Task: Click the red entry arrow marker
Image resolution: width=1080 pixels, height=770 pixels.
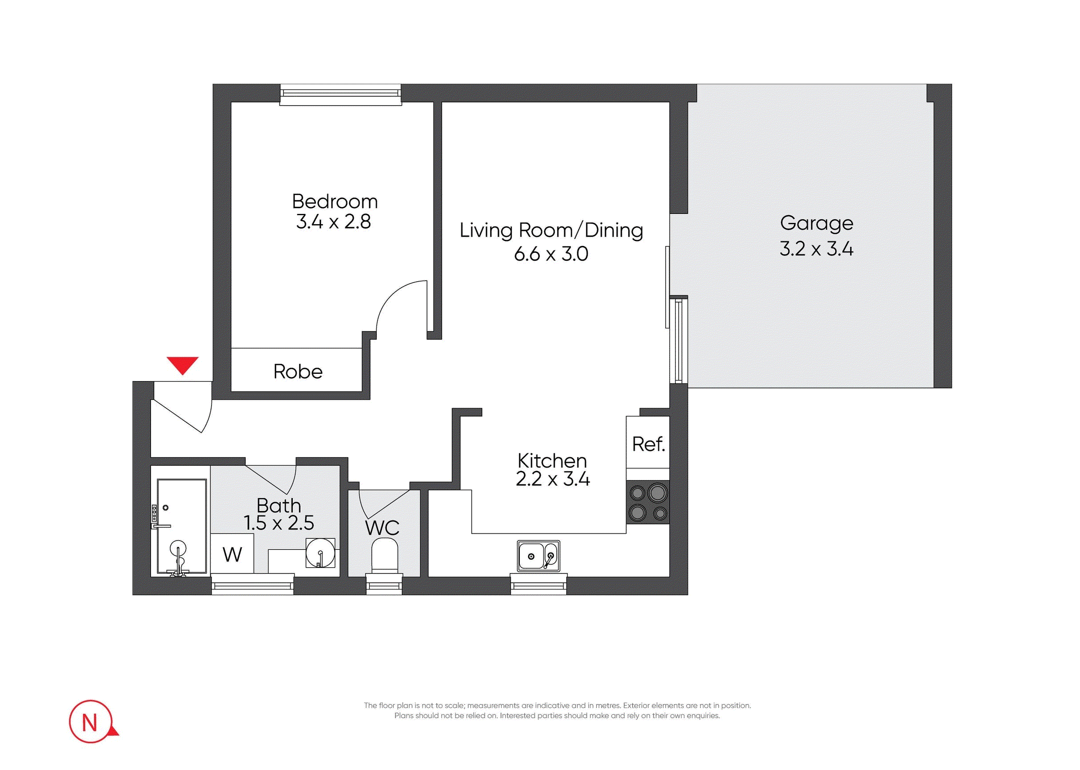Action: point(183,365)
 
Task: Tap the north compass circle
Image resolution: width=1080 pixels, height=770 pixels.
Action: point(90,721)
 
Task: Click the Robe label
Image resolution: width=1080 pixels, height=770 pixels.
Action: point(298,371)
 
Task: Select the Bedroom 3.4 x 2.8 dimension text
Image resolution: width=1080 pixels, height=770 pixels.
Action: point(333,222)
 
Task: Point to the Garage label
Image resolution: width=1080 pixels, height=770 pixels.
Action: point(816,224)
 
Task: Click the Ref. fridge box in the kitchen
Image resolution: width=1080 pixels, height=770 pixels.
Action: point(648,442)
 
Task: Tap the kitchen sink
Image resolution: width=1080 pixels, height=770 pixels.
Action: point(539,556)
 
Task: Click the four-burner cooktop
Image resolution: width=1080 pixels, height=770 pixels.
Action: point(648,502)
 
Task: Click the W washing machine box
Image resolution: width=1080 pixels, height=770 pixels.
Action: point(232,553)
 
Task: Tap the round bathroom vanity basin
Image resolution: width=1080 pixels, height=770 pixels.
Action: point(320,553)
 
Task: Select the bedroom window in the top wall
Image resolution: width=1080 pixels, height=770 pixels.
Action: point(340,95)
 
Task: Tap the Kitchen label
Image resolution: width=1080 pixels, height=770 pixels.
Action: point(552,460)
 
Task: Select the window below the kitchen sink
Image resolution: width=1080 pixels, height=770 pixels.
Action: point(539,584)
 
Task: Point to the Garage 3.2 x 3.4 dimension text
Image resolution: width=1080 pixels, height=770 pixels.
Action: point(816,249)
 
